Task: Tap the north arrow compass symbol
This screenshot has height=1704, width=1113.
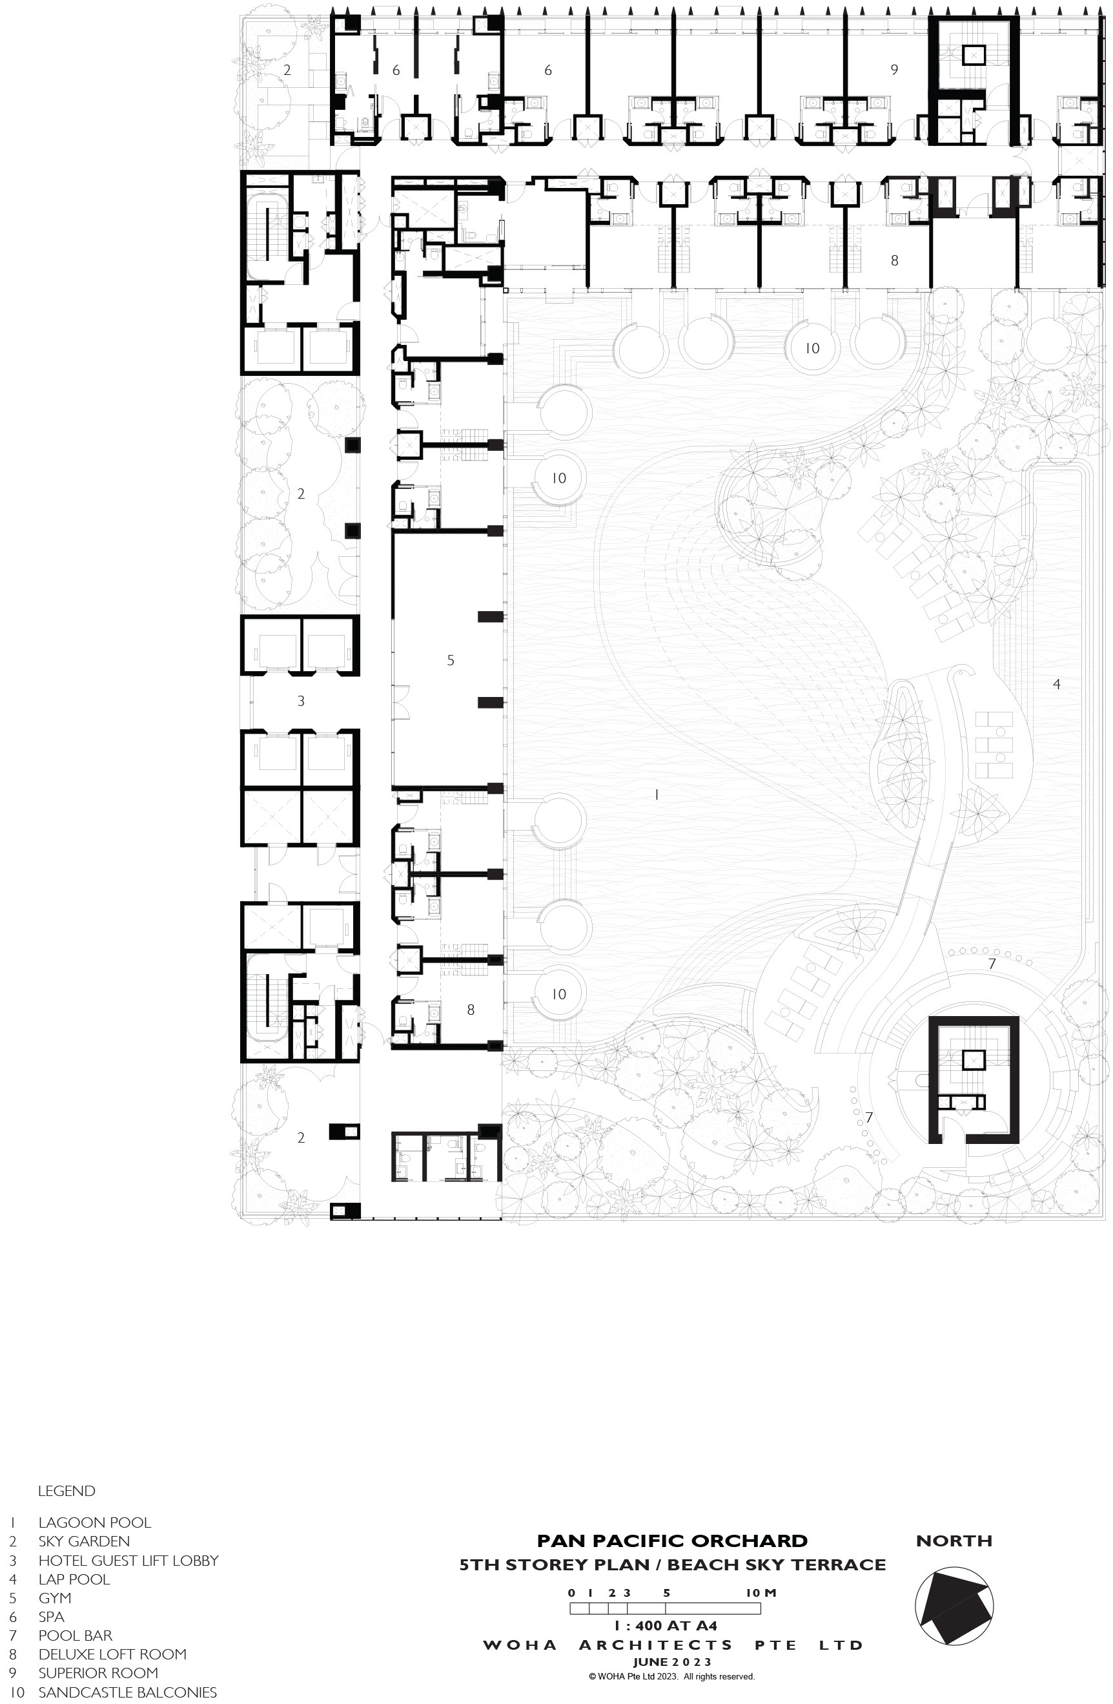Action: click(x=954, y=1606)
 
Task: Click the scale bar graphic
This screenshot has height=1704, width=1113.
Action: click(x=665, y=1608)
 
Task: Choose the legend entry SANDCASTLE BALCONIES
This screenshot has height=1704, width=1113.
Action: click(x=127, y=1692)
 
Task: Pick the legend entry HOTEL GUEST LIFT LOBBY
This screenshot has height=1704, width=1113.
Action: click(x=128, y=1561)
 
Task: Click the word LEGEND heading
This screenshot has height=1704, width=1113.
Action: click(x=66, y=1491)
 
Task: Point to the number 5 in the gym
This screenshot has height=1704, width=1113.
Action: click(x=450, y=660)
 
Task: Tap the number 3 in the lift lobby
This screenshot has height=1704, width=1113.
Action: click(x=301, y=701)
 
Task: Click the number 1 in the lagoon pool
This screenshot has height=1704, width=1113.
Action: click(x=657, y=795)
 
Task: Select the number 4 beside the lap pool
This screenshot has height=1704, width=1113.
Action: click(x=1056, y=684)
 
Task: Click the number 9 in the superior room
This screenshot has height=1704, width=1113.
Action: click(x=894, y=70)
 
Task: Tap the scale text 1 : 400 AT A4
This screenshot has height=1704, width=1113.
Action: click(x=666, y=1626)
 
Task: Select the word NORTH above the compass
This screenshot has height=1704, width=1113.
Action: click(x=954, y=1541)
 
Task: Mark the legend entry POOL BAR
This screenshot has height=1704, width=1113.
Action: click(x=75, y=1636)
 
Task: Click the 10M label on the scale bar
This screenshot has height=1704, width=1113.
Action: click(x=761, y=1593)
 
